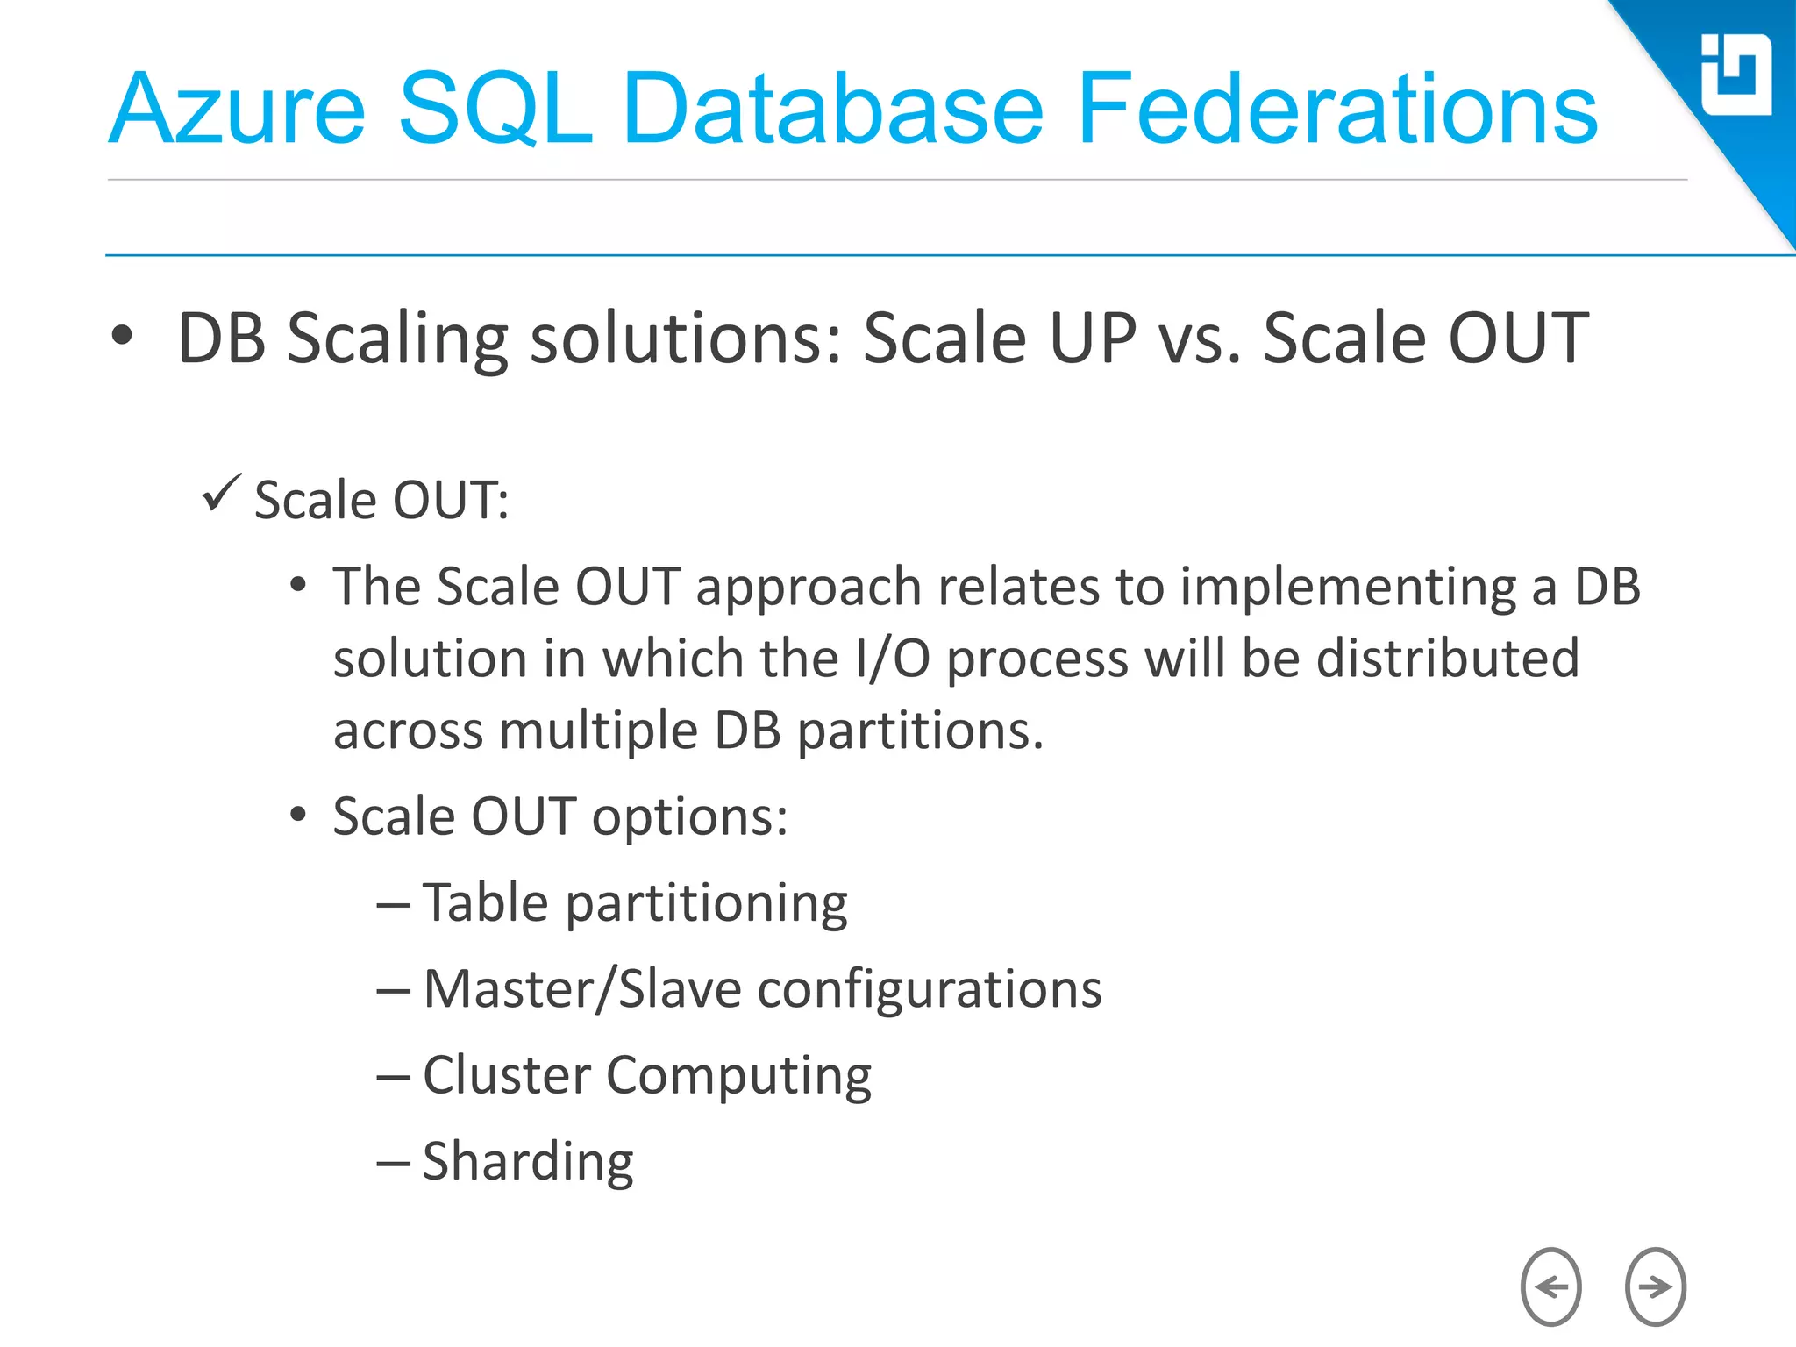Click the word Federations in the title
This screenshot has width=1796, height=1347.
coord(1336,110)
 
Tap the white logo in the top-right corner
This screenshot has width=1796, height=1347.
coord(1735,75)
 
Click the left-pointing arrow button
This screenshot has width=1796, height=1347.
coord(1550,1286)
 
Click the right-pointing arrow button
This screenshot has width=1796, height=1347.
coord(1655,1286)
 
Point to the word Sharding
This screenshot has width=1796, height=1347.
coord(528,1162)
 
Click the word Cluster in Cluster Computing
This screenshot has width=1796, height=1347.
coord(507,1075)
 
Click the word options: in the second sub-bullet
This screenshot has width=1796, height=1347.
coord(689,817)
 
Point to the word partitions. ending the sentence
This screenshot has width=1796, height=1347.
coord(920,731)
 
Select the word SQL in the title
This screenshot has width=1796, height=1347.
coord(495,110)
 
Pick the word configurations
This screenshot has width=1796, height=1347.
coord(929,990)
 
